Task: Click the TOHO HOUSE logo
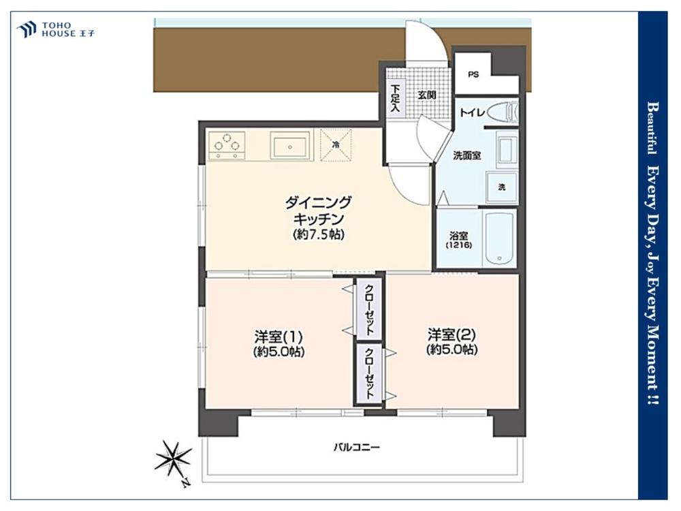56,29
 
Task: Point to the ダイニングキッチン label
318,211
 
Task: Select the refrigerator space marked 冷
336,145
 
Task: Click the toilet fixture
501,112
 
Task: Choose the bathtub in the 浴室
500,239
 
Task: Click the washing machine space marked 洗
501,187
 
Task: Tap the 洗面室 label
467,155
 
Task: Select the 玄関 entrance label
427,95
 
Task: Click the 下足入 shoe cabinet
396,97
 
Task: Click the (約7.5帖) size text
318,234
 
